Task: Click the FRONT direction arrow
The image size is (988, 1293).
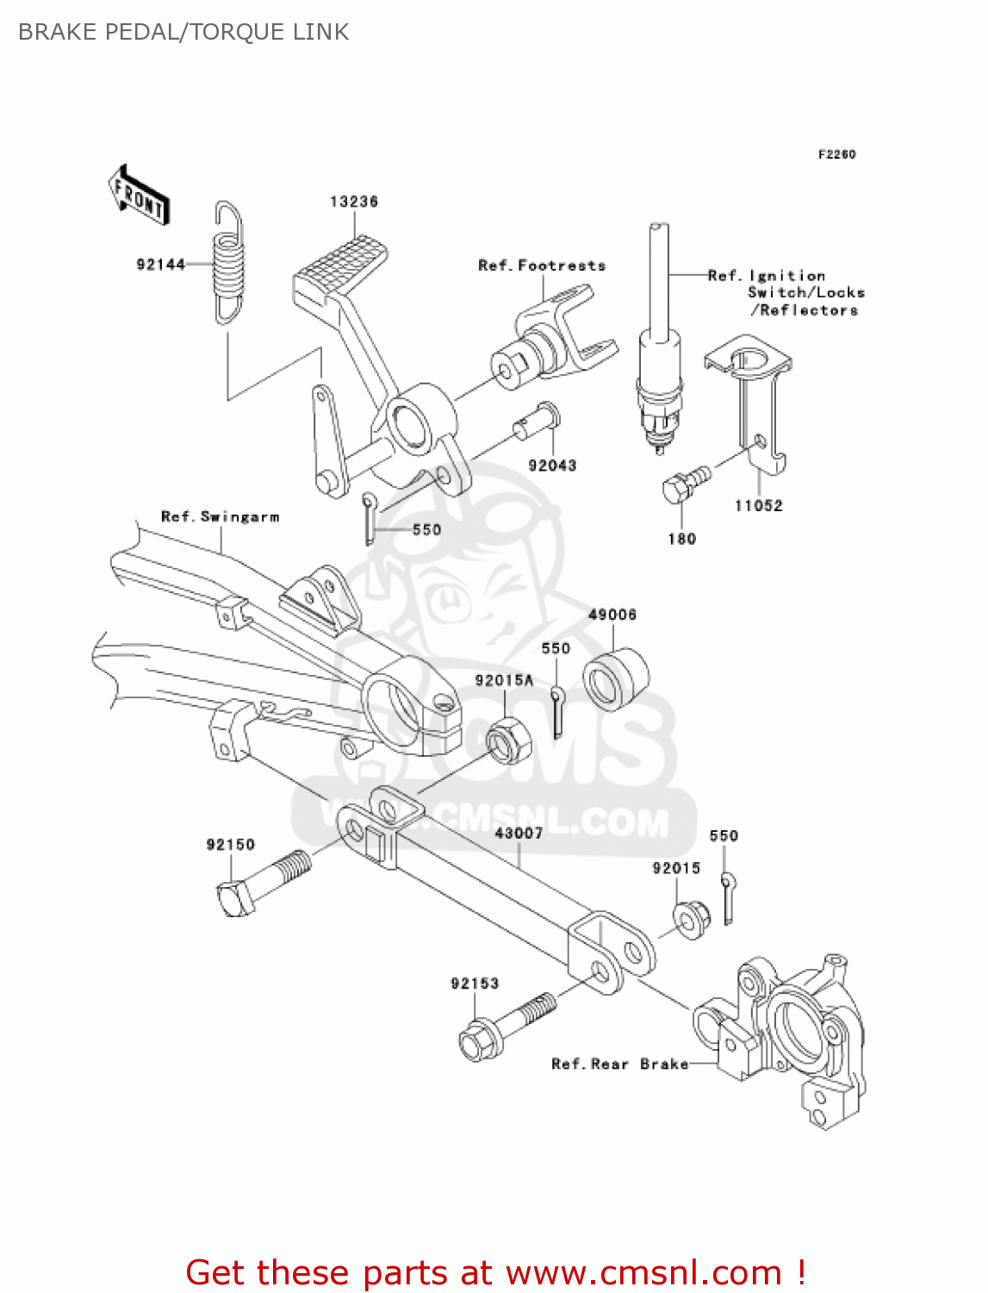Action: click(139, 196)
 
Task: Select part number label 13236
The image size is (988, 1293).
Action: click(354, 202)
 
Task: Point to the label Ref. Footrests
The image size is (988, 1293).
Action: click(542, 265)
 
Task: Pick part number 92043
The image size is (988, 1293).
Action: click(552, 465)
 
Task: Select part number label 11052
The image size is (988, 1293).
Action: click(758, 506)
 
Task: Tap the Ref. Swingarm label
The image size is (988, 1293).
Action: click(221, 517)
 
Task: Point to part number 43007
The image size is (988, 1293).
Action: click(519, 834)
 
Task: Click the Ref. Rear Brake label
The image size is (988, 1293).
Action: click(619, 1065)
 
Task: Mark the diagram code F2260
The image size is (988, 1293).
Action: click(836, 154)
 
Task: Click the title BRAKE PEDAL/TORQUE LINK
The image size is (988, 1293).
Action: click(183, 32)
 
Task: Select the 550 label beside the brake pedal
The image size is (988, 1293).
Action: click(426, 530)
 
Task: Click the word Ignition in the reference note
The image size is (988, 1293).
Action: click(787, 276)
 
